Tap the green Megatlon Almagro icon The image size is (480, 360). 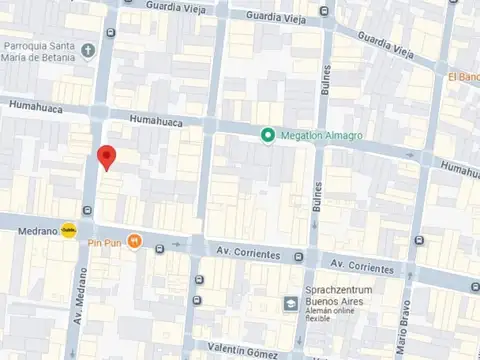[267, 136]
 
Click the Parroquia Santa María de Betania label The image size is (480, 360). [38, 50]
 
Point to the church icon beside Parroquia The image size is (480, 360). [89, 49]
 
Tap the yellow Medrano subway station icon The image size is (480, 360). [67, 230]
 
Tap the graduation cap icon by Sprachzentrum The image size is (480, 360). [289, 301]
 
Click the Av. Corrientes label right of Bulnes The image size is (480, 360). [362, 267]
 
